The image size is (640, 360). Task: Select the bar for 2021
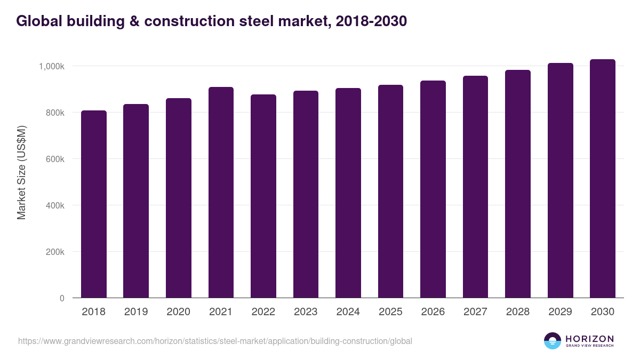point(221,193)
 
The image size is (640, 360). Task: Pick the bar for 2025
point(390,191)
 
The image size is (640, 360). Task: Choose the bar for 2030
point(603,179)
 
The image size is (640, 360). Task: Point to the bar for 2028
point(518,184)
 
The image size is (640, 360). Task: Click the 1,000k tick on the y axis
point(52,67)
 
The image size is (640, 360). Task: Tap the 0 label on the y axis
point(62,299)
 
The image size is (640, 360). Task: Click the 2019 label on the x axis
point(136,312)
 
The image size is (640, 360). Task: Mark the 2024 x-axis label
point(348,312)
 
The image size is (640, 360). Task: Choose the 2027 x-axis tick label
point(475,312)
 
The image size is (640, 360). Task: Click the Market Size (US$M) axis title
point(21,172)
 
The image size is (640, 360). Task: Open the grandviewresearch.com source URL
point(215,341)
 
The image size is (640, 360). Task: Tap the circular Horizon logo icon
point(553,341)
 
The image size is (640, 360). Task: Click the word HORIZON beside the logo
point(589,339)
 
